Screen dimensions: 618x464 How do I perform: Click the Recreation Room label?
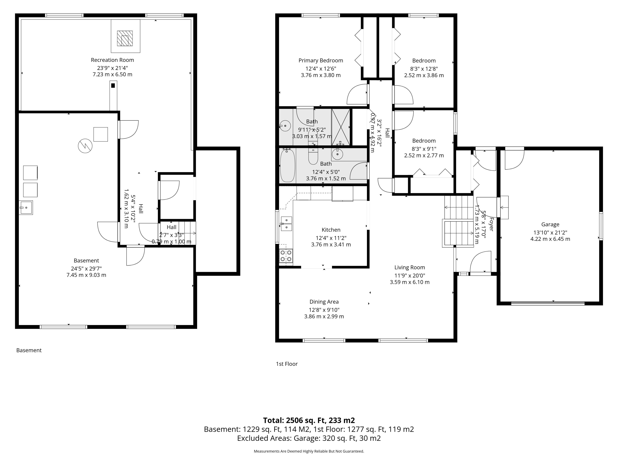click(x=112, y=60)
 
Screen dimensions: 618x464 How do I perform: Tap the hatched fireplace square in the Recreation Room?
click(x=125, y=38)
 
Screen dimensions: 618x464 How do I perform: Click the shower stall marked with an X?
click(x=341, y=127)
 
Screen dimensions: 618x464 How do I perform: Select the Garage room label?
click(x=550, y=224)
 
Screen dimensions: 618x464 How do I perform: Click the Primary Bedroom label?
click(x=321, y=60)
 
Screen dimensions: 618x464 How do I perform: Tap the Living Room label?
click(x=410, y=267)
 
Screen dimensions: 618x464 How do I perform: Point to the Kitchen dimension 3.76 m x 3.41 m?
click(x=331, y=244)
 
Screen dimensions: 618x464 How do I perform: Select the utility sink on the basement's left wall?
click(x=26, y=208)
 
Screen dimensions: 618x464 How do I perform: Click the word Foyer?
click(x=491, y=224)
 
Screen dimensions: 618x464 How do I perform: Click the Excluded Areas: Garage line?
click(x=309, y=438)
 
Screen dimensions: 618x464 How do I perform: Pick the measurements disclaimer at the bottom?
click(x=309, y=451)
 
